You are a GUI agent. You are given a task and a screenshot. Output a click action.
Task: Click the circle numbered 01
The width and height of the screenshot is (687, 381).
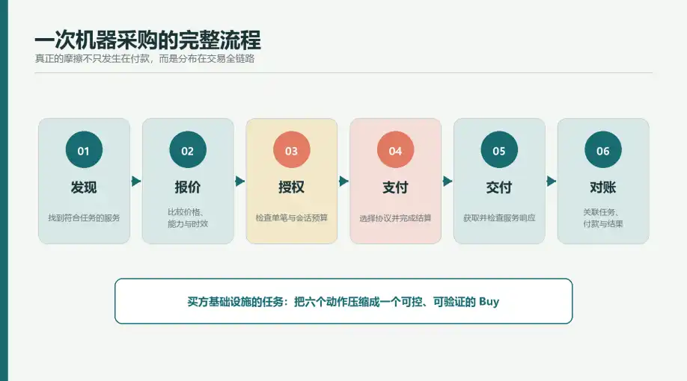click(84, 149)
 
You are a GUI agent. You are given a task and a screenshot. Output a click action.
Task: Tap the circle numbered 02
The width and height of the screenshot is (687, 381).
click(188, 149)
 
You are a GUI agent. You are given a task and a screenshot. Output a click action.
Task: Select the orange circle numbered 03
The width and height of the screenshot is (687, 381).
click(292, 149)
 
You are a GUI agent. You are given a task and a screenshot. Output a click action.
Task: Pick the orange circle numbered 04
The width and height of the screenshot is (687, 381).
click(396, 149)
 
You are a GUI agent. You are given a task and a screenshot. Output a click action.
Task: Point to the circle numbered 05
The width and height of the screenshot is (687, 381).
click(499, 149)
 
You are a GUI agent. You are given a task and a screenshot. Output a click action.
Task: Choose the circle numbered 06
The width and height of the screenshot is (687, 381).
click(603, 149)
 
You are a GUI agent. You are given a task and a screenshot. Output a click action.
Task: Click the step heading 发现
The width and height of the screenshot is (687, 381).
click(84, 188)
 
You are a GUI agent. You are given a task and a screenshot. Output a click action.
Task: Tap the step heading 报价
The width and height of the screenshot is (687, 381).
click(188, 188)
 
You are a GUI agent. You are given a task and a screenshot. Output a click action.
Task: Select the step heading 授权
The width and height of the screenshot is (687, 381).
click(292, 188)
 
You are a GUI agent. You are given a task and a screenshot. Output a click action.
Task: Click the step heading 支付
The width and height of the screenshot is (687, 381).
click(396, 188)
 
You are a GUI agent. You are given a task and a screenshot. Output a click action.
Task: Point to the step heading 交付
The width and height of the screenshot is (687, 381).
click(499, 188)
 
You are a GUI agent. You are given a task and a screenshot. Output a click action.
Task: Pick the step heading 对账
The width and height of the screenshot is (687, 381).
click(603, 188)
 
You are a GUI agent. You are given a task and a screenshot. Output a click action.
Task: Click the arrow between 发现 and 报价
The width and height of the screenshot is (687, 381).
click(135, 181)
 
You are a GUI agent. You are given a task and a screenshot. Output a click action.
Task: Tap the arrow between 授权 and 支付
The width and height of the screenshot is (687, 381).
click(343, 181)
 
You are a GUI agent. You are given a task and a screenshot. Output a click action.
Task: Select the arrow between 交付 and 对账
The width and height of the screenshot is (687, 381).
click(552, 181)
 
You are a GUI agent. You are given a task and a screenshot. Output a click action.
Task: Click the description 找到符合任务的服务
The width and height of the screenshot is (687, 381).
click(84, 218)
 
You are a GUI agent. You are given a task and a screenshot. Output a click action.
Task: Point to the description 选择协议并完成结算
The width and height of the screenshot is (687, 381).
click(396, 218)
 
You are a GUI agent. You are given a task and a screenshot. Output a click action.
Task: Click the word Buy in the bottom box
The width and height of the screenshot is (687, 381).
click(489, 302)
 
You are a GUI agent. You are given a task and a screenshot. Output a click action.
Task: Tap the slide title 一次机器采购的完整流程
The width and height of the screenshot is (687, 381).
click(147, 40)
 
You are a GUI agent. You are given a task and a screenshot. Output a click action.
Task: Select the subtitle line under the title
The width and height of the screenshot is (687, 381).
click(144, 58)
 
